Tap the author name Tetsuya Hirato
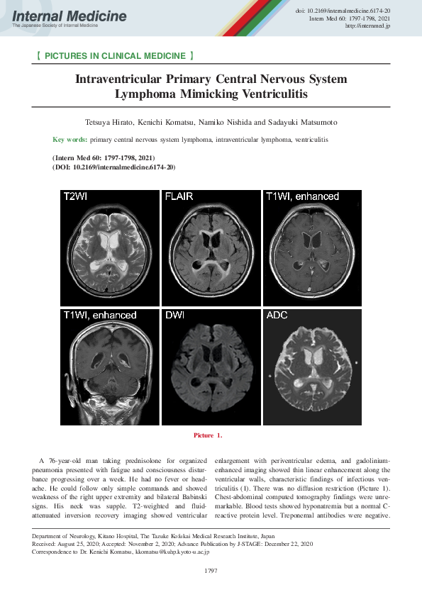click(113, 123)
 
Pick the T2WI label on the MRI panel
click(77, 196)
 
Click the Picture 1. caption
click(211, 435)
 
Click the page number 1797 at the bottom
click(211, 571)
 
